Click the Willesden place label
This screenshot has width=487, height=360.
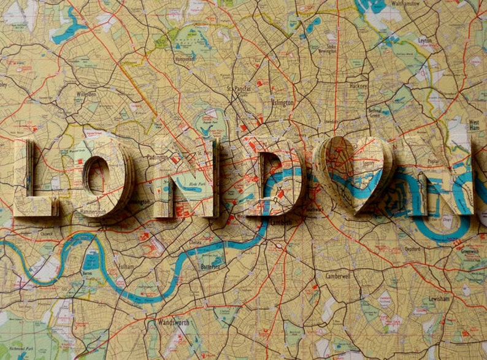click(86, 94)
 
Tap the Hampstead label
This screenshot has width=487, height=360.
click(184, 59)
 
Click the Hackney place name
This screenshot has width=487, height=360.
click(358, 86)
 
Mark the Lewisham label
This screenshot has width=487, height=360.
click(439, 299)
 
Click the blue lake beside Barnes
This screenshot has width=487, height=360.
click(91, 261)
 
